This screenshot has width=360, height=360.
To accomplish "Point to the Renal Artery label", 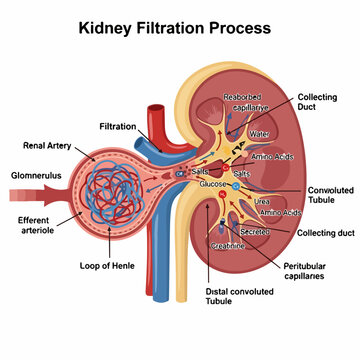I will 44,145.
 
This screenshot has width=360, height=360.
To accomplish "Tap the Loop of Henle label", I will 109,267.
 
